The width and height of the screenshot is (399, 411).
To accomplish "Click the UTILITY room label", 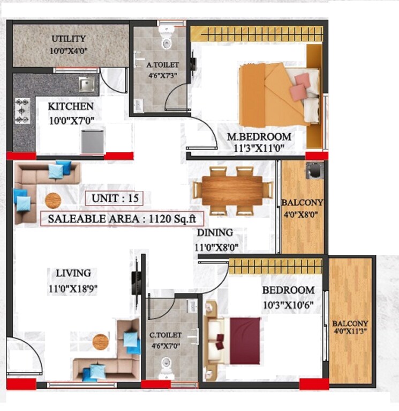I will (x=68, y=39).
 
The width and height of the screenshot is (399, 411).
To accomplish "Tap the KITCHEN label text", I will (x=70, y=106).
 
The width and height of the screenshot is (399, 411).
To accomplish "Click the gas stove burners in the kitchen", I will (x=22, y=111).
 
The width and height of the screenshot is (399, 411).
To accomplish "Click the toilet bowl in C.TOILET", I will (x=167, y=367).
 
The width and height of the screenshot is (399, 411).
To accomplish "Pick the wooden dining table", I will (x=232, y=190).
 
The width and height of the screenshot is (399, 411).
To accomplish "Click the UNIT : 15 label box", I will (x=114, y=198).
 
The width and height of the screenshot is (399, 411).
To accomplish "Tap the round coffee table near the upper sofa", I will (x=52, y=200).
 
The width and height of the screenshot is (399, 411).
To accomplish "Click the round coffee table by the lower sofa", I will (x=100, y=341).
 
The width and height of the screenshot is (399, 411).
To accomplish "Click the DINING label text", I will (x=215, y=232).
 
